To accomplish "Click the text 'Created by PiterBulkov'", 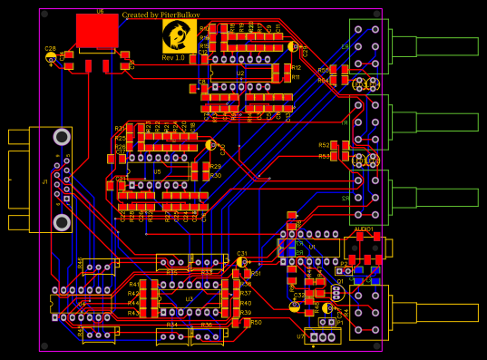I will click(161, 15).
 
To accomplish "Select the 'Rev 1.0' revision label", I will click(173, 58).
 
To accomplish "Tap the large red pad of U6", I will click(97, 31).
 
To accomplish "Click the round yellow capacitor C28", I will click(51, 57).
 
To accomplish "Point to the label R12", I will click(296, 68).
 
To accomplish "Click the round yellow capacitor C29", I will click(293, 45).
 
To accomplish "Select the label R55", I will click(323, 70).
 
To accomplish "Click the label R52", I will click(324, 145).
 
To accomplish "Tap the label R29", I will click(215, 167).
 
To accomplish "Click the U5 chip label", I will click(157, 170).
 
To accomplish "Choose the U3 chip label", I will click(190, 298).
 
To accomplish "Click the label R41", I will click(133, 285).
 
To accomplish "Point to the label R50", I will click(256, 322).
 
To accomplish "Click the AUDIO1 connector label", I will click(364, 229).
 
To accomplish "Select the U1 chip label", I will click(311, 246).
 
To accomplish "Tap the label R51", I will click(256, 273).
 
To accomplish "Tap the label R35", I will click(171, 272).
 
